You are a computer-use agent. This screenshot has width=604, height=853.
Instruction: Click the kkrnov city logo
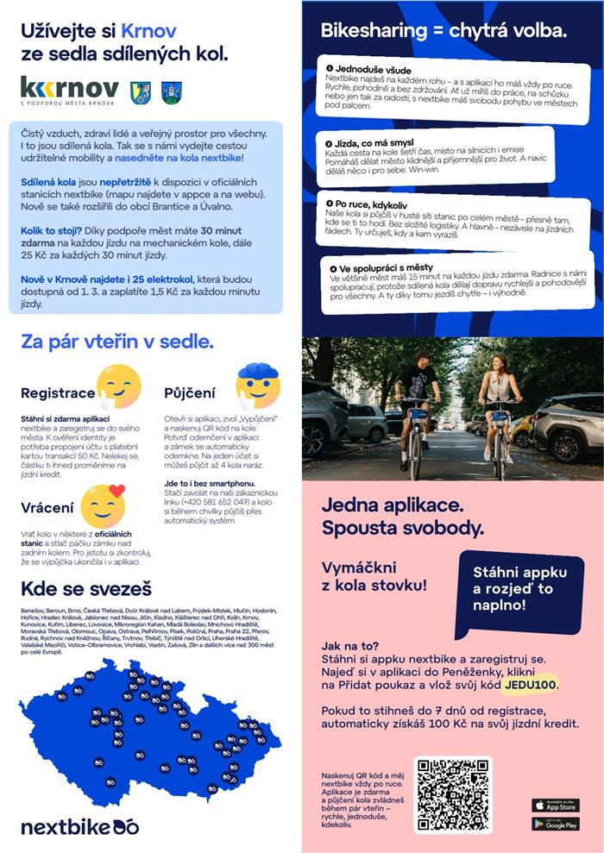coord(70,90)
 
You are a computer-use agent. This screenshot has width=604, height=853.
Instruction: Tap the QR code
coord(452,794)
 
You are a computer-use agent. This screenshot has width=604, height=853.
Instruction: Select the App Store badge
coord(555,805)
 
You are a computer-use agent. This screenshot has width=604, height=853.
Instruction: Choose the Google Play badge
coord(555,825)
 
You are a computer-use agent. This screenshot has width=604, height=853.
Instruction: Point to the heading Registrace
coord(58,393)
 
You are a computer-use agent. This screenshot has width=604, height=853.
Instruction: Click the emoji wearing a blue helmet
coord(258,386)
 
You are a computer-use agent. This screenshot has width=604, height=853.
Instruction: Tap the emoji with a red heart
coord(103,505)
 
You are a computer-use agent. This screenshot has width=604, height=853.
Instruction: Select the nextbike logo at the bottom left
coord(79,827)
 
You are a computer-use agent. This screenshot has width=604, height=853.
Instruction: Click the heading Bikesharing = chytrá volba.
coord(444,32)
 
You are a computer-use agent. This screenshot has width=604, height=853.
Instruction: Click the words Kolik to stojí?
coord(49,230)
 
